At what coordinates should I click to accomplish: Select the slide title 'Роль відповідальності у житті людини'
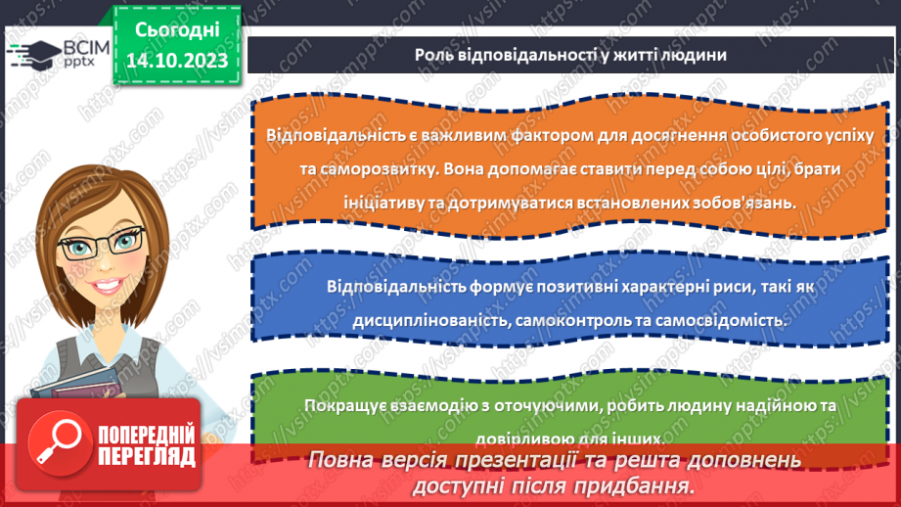(569, 55)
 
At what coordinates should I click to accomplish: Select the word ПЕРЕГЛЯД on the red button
(145, 456)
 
